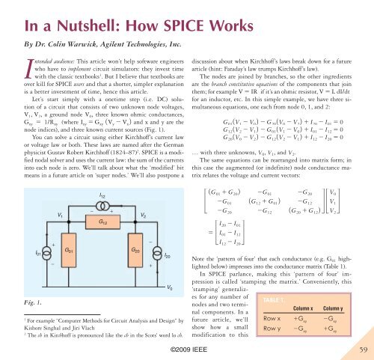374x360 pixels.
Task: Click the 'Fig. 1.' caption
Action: [x=16, y=304]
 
